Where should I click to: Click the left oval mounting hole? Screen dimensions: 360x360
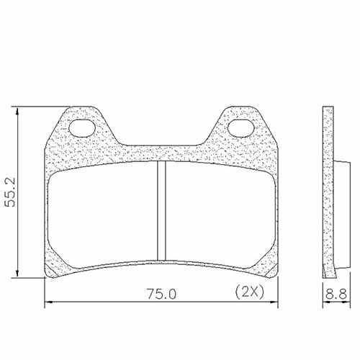tap(86, 130)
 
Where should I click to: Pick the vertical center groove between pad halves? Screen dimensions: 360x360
tap(161, 212)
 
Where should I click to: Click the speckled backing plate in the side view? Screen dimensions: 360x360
tap(329, 187)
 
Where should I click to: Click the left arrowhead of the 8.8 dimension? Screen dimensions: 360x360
tap(323, 304)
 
